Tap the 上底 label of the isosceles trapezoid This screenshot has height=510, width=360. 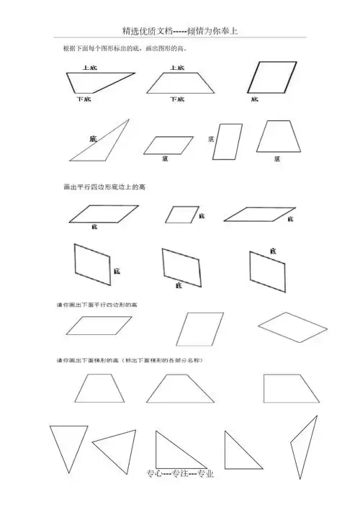point(176,68)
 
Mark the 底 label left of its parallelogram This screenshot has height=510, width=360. point(211,138)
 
